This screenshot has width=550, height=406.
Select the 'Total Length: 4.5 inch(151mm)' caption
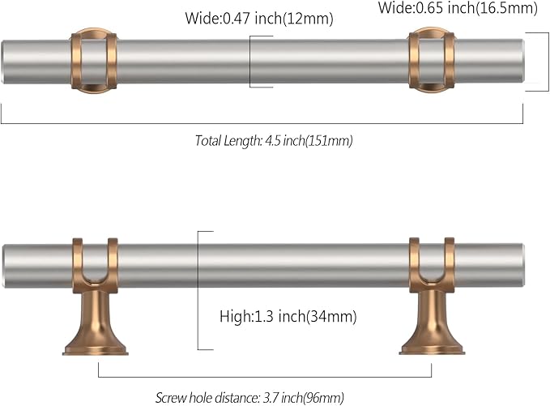pos(274,140)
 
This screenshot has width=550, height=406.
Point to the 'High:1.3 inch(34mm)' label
pos(288,315)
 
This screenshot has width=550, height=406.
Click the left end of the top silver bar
pos(6,62)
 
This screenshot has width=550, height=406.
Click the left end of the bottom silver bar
pos(6,265)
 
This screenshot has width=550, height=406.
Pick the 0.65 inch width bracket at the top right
pos(538,62)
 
